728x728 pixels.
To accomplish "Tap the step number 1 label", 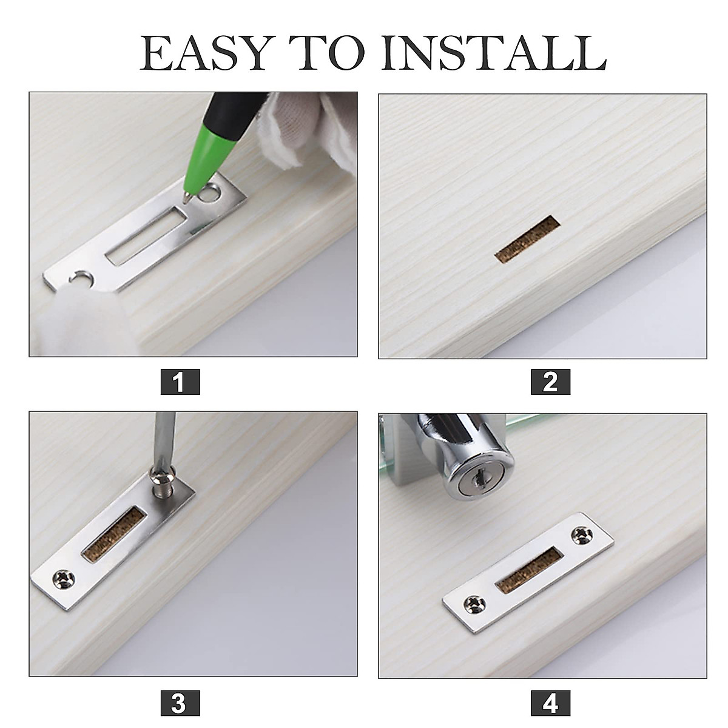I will click(x=180, y=382).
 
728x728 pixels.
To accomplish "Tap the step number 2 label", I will click(x=550, y=382).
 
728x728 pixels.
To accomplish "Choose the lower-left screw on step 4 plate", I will click(x=473, y=604).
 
